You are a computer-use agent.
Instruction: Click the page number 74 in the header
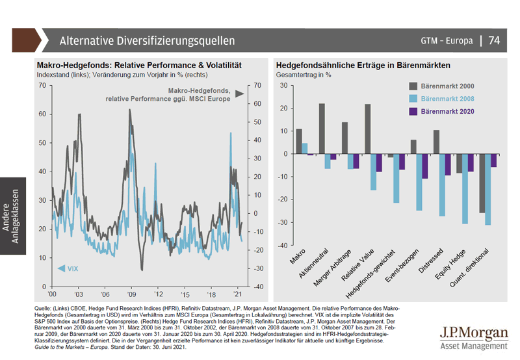coord(494,40)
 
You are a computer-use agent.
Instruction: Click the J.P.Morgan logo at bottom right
coord(472,336)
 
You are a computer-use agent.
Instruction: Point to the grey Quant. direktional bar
coord(482,184)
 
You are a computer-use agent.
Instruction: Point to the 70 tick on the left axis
coord(42,85)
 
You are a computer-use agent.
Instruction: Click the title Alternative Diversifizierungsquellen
coord(147,40)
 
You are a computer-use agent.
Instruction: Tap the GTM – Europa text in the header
coord(445,40)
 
